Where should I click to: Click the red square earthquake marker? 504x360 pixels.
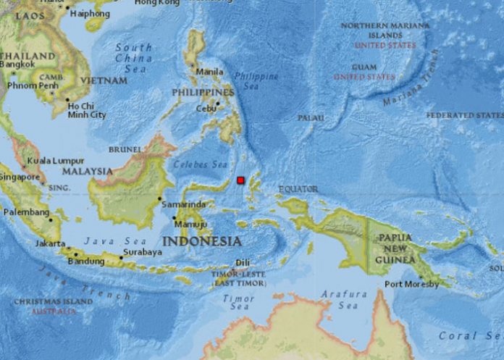point(240,180)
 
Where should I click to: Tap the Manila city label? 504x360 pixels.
point(209,72)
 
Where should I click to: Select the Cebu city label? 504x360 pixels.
point(206,109)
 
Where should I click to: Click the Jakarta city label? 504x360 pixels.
point(51,244)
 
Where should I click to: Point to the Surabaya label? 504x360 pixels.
point(141,252)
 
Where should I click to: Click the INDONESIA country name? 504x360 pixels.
point(201,240)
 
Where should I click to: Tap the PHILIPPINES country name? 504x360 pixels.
point(203,93)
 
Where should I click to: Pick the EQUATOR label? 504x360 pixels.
point(298,189)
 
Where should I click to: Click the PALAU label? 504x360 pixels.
point(310,117)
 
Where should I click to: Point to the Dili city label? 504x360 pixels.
point(243,264)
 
